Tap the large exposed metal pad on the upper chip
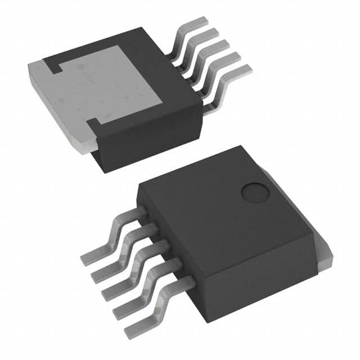(x=112, y=84)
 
